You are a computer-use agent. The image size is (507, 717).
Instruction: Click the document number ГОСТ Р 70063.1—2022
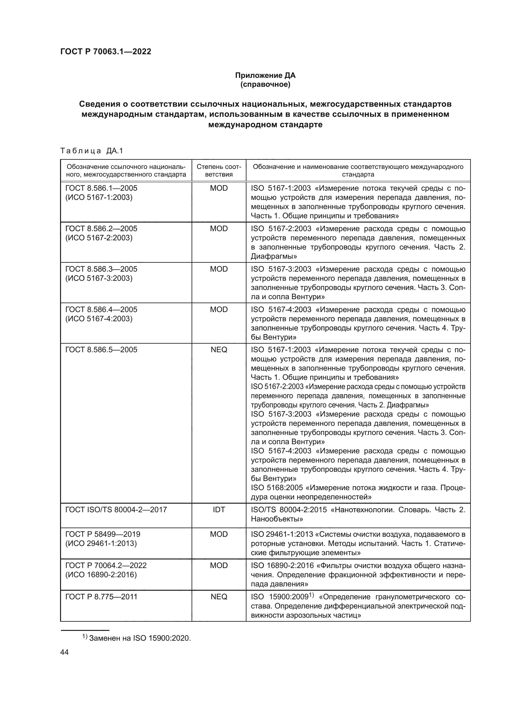click(105, 51)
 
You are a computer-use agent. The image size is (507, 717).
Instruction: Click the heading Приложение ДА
click(265, 75)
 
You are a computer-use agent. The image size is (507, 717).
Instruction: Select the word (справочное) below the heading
click(265, 84)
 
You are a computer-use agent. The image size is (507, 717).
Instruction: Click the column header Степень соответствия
click(219, 170)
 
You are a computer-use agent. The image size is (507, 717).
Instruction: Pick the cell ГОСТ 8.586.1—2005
click(101, 188)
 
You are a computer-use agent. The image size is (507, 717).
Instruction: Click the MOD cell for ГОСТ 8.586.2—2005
click(219, 229)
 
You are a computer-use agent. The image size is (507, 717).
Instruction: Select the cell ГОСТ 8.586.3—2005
click(101, 269)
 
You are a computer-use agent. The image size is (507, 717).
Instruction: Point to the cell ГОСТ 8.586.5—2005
click(101, 350)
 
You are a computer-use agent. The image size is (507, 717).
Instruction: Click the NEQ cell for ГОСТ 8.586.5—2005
click(219, 350)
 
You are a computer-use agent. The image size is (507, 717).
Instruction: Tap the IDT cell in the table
click(219, 510)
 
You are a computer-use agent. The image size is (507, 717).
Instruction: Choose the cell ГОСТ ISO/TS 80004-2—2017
click(116, 510)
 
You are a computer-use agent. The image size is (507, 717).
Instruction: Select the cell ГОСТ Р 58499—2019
click(103, 534)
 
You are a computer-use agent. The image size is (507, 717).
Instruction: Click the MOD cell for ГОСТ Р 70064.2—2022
click(219, 566)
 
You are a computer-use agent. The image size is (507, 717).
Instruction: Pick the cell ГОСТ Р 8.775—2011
click(101, 597)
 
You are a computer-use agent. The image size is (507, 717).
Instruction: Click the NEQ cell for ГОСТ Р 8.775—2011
click(219, 597)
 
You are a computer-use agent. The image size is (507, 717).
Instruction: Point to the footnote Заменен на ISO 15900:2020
click(139, 638)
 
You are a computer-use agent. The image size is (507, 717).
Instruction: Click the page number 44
click(64, 652)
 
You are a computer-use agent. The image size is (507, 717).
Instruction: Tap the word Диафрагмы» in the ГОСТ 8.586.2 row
click(274, 256)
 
